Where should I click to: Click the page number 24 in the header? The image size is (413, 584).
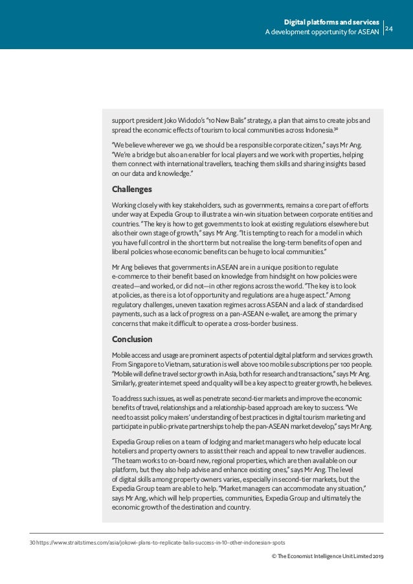click(x=390, y=28)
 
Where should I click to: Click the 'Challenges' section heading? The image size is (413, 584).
click(x=131, y=189)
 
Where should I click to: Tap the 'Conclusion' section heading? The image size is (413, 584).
click(x=132, y=339)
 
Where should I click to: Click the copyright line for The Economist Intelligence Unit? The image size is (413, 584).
click(x=329, y=556)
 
